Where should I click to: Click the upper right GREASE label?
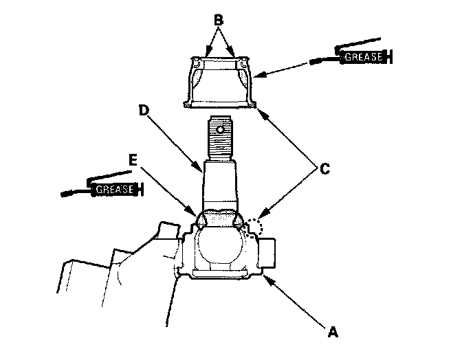(362, 57)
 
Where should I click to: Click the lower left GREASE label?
(113, 188)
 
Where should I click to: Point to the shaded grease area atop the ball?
(219, 219)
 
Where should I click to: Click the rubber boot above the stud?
(220, 82)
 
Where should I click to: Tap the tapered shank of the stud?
(219, 182)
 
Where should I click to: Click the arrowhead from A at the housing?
(266, 278)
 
